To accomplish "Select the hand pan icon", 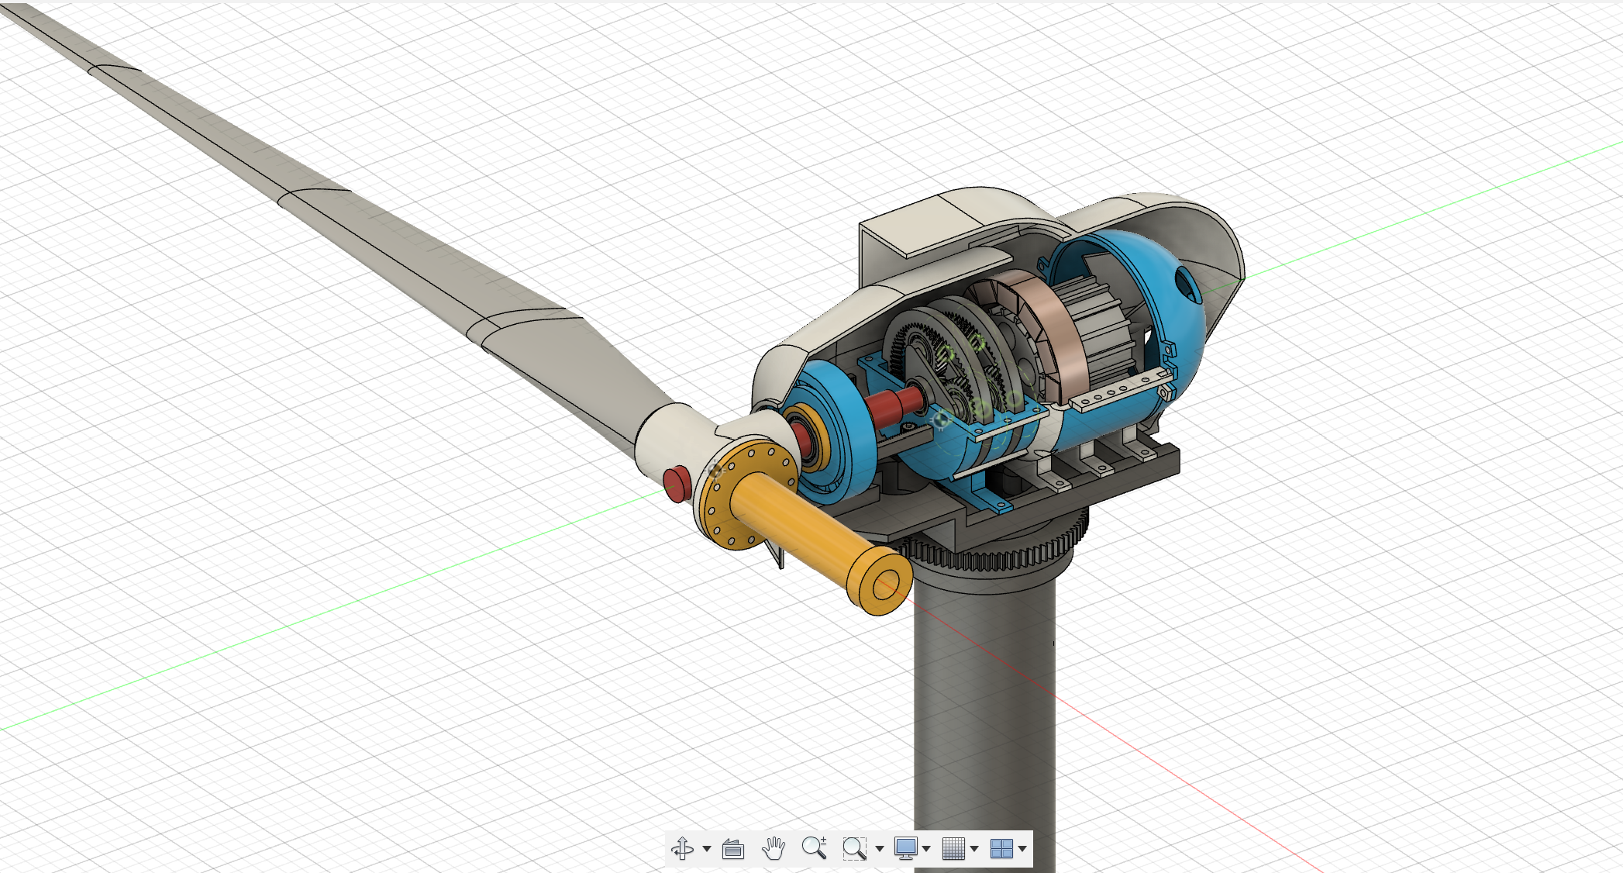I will pyautogui.click(x=773, y=848).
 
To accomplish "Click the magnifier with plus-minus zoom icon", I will pyautogui.click(x=814, y=847).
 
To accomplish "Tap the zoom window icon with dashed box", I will pyautogui.click(x=854, y=848).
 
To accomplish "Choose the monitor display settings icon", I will pyautogui.click(x=905, y=848).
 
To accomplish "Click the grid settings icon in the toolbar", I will pyautogui.click(x=953, y=848).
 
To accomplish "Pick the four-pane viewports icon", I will pyautogui.click(x=1001, y=848).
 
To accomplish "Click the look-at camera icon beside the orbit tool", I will pyautogui.click(x=732, y=849).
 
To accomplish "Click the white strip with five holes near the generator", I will pyautogui.click(x=1116, y=392).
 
